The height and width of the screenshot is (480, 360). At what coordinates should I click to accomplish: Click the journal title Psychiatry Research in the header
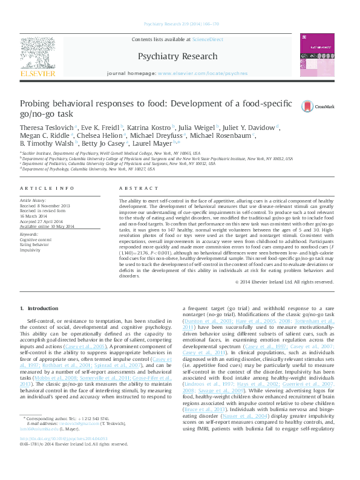pos(177,56)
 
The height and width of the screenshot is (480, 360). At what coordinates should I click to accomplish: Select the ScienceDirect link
pos(208,39)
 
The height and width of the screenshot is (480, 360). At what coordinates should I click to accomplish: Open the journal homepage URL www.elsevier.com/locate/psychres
pos(202,73)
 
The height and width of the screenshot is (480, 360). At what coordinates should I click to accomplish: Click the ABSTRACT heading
pos(134,188)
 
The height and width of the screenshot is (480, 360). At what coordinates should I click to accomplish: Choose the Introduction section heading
pos(40,308)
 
